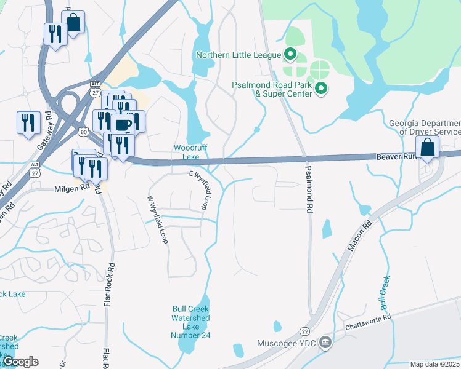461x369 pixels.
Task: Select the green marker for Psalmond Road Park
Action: (320, 90)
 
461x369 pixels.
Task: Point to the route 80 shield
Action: (83, 132)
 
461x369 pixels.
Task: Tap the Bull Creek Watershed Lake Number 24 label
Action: (190, 317)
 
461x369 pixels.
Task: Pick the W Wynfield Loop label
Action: (157, 220)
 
